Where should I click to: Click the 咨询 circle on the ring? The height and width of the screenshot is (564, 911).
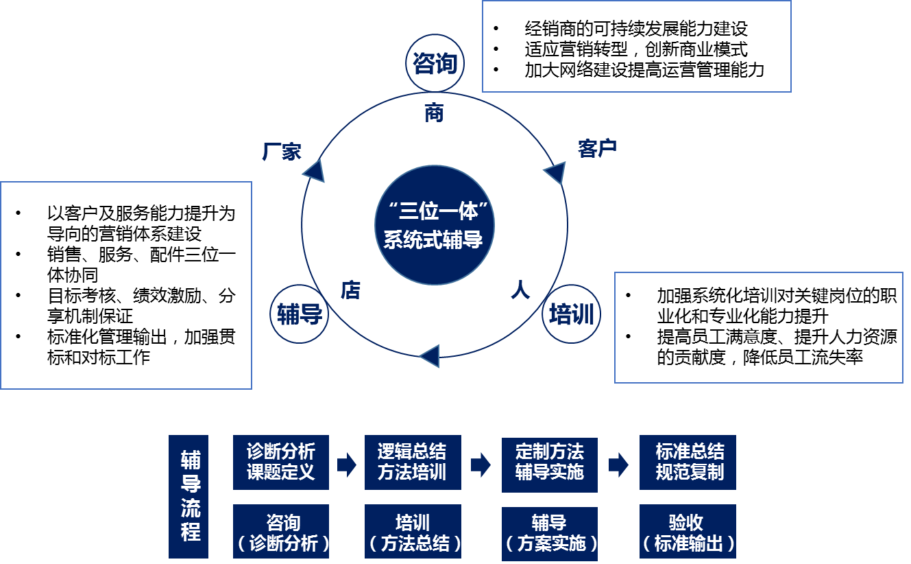(435, 64)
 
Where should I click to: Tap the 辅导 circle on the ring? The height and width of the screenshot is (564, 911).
(299, 315)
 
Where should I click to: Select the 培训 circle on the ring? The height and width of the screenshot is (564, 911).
(571, 315)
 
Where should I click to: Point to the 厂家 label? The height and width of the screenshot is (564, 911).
(282, 152)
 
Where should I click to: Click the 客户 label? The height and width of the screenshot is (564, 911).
(598, 148)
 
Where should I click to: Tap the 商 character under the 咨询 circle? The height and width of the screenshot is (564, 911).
(434, 113)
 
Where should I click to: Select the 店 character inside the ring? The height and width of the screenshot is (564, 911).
(350, 290)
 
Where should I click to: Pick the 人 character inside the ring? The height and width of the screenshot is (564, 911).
(520, 290)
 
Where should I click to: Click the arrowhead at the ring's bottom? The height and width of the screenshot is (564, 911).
(429, 356)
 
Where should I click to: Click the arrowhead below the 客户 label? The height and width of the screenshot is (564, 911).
(555, 174)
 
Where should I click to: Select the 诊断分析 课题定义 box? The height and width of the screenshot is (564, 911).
(281, 462)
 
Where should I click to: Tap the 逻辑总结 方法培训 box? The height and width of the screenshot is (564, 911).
(413, 462)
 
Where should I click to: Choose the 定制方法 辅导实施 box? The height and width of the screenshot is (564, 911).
(549, 463)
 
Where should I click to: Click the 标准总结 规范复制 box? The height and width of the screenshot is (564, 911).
(688, 462)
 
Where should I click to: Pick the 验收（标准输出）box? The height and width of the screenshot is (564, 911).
(688, 532)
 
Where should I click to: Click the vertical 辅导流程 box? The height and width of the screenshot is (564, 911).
(191, 496)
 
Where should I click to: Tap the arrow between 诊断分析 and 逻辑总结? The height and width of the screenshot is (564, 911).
(347, 465)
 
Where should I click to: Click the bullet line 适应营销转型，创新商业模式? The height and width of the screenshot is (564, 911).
(635, 49)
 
